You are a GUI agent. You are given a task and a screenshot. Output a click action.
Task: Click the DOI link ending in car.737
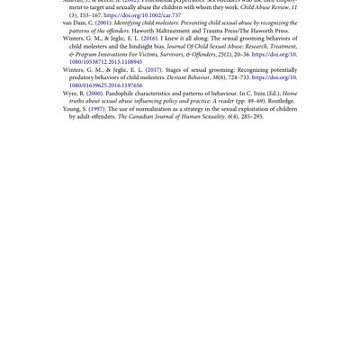[142, 15]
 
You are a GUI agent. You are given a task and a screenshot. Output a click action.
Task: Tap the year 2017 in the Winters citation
[154, 70]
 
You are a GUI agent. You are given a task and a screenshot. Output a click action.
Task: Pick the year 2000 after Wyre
[94, 94]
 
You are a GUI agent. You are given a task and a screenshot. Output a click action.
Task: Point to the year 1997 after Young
[97, 109]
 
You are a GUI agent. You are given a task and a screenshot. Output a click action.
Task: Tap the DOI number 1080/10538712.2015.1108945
[105, 62]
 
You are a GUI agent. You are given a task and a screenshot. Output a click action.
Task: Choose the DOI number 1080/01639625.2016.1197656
[105, 85]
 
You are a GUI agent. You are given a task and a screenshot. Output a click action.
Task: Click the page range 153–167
[88, 15]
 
